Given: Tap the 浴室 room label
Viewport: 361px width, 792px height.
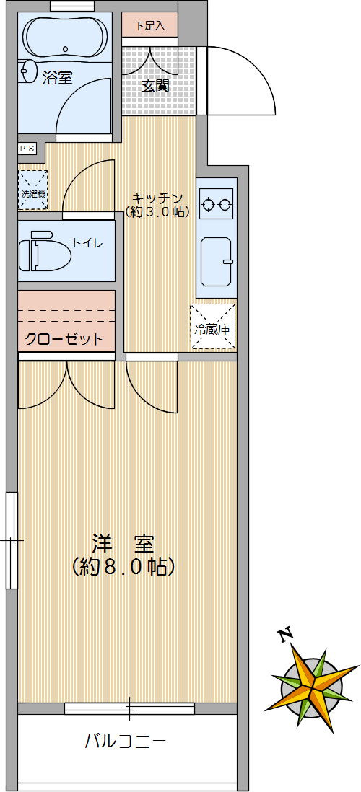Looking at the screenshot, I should (57, 78).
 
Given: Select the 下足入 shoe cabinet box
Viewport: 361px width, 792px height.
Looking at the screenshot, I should (149, 25).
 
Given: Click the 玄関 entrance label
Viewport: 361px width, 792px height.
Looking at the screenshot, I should (155, 86).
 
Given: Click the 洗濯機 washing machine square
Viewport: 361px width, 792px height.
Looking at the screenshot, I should (32, 191).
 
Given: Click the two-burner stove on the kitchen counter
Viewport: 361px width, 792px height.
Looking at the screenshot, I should (217, 204).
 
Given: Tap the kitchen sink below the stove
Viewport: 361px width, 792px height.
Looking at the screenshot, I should (216, 260).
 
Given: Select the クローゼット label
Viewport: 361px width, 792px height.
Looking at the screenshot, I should (64, 339).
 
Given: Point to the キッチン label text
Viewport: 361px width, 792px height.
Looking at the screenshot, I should (157, 198).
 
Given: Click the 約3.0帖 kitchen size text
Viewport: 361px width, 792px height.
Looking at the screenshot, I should (157, 212).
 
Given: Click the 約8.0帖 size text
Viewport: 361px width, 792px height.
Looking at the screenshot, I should (123, 567).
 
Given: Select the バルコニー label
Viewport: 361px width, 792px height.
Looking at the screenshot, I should (126, 741).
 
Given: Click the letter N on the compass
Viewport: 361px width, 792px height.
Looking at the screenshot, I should (286, 635).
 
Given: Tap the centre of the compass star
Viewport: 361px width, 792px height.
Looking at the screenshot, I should (315, 685).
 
